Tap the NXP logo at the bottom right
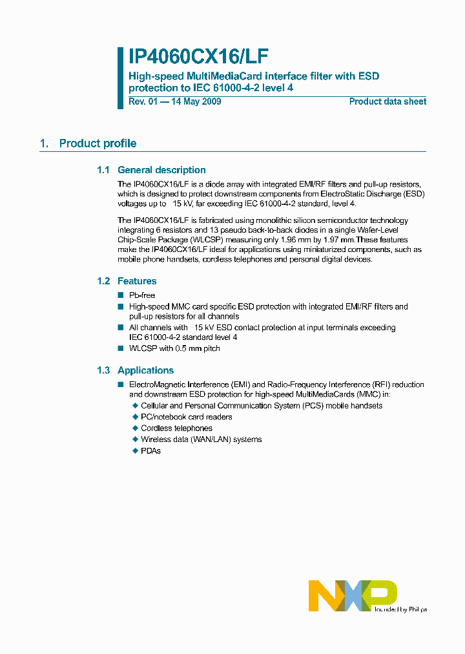click(352, 595)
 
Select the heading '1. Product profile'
click(88, 143)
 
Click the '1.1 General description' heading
click(151, 170)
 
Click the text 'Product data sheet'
click(387, 101)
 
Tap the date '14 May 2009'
click(196, 101)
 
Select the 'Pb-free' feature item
click(142, 295)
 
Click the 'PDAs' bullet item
click(150, 450)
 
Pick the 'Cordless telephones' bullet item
click(176, 428)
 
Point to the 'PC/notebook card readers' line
click(186, 417)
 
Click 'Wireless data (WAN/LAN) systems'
click(201, 439)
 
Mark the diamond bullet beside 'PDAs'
click(135, 450)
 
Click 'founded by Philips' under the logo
click(400, 609)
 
